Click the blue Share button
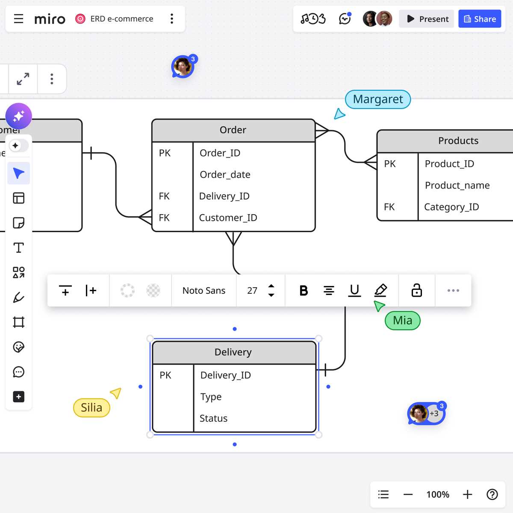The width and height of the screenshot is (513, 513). (x=480, y=19)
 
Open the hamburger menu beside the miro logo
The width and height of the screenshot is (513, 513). (x=19, y=19)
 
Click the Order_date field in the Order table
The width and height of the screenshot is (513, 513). (x=225, y=175)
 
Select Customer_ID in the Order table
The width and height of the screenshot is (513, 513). (x=228, y=218)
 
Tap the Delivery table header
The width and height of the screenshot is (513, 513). (x=233, y=352)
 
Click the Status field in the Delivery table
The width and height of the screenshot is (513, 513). (x=213, y=418)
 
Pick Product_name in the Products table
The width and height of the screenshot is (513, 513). (x=457, y=185)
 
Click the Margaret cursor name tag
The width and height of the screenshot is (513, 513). (x=378, y=99)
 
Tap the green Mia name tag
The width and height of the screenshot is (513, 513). (x=403, y=321)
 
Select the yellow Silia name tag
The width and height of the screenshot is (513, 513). (x=91, y=407)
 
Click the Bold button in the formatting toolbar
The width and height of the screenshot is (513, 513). (x=304, y=290)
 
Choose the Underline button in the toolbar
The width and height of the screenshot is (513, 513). (x=354, y=290)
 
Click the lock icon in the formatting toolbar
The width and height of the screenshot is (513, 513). (x=417, y=290)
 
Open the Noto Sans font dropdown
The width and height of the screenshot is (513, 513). (x=204, y=290)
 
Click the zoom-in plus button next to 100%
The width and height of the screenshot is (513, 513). (x=468, y=495)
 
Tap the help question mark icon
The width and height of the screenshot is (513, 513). (x=492, y=495)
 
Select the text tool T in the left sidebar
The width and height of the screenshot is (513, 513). (x=19, y=248)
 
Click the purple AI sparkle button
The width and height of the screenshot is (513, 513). (x=19, y=116)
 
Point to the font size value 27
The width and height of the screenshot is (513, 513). (x=252, y=290)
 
